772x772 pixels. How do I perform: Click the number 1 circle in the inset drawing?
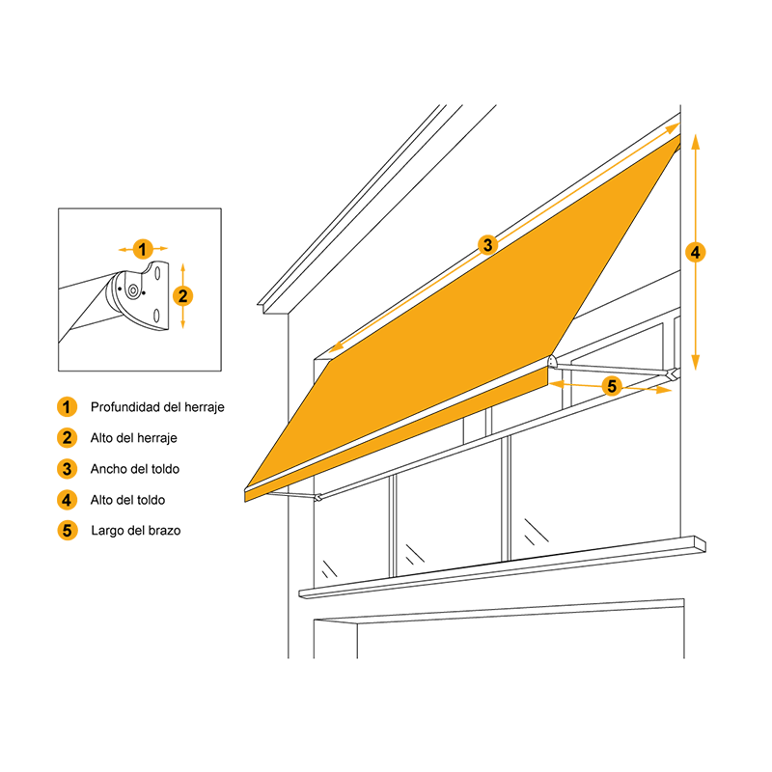[x=143, y=249]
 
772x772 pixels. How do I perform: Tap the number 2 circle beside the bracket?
[x=182, y=296]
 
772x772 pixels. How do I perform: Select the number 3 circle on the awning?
[x=487, y=245]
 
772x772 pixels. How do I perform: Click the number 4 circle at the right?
[x=695, y=252]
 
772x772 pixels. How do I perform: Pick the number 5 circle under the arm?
[x=612, y=386]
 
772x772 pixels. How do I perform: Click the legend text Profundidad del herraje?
[x=157, y=407]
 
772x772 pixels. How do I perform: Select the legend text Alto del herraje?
[x=133, y=438]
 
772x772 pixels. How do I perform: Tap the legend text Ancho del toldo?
[x=135, y=469]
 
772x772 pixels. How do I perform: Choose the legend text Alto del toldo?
[x=127, y=500]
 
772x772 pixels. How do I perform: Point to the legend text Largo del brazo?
[x=136, y=530]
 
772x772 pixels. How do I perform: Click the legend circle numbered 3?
[x=67, y=469]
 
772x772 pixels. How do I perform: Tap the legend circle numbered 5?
[x=67, y=530]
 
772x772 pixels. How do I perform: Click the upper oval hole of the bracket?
[x=157, y=273]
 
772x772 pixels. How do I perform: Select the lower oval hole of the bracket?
[x=156, y=316]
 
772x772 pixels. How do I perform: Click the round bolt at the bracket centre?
[x=132, y=291]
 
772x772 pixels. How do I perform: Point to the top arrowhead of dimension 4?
[x=695, y=141]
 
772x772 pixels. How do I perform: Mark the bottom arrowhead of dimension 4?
[x=695, y=363]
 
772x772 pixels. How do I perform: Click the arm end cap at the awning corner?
[x=552, y=361]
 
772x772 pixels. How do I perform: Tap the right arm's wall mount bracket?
[x=675, y=374]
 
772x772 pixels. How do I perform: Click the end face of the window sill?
[x=701, y=543]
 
